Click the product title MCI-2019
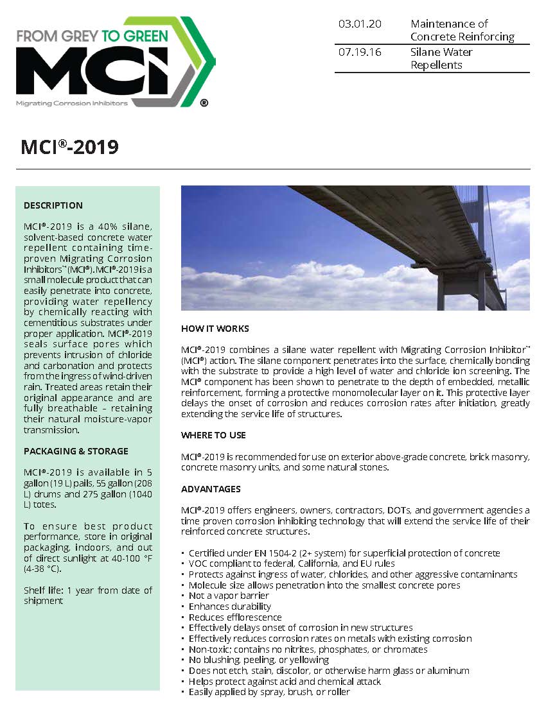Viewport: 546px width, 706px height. point(70,147)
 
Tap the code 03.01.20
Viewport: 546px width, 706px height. point(360,24)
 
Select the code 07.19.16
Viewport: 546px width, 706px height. point(360,52)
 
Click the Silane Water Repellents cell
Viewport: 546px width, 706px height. point(441,58)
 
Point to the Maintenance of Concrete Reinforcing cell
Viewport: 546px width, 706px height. point(462,30)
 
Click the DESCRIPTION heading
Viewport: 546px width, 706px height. point(53,205)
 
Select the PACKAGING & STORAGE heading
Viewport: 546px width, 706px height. point(76,451)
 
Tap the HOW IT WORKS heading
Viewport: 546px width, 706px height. point(215,329)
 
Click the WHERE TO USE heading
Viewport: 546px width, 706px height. point(213,435)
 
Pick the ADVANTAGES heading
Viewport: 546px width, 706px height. point(211,489)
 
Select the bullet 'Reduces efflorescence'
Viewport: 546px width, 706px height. point(235,617)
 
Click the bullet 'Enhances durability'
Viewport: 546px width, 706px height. point(230,606)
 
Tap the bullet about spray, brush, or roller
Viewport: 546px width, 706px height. point(269,692)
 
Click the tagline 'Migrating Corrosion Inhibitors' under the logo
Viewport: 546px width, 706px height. point(72,103)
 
